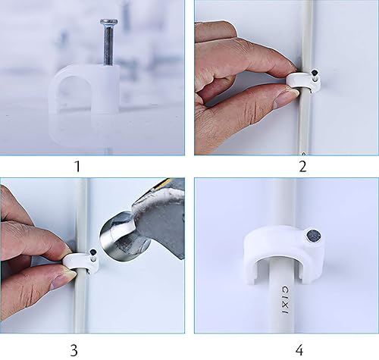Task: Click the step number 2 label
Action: [302, 165]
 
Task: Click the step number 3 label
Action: [74, 349]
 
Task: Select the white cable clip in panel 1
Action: [84, 95]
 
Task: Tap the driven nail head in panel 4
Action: [312, 239]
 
